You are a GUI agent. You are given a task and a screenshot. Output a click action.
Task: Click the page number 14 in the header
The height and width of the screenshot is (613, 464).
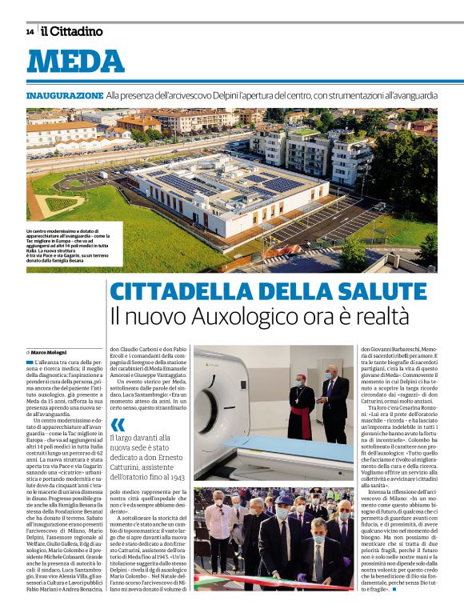pyautogui.click(x=30, y=32)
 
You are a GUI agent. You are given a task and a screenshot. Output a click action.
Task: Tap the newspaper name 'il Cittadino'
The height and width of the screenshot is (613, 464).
pyautogui.click(x=72, y=31)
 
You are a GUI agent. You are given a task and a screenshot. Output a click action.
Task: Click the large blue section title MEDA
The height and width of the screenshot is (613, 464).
pyautogui.click(x=76, y=62)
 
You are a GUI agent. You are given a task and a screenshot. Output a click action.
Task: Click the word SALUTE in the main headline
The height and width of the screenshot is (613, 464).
pyautogui.click(x=375, y=293)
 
